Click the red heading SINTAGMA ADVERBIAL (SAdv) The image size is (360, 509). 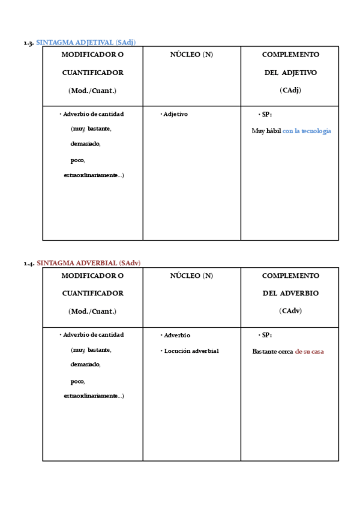[x=89, y=263]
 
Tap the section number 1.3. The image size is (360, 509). [x=28, y=43]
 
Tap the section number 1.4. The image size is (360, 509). [x=28, y=264]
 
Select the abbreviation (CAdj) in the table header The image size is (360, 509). [x=290, y=90]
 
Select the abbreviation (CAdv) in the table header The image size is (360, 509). [x=290, y=311]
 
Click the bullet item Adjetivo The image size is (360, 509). [x=175, y=114]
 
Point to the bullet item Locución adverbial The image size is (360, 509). [x=191, y=351]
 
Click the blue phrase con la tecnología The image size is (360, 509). [x=307, y=131]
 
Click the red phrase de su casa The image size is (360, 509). [x=309, y=352]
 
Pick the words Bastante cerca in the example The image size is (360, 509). [x=272, y=352]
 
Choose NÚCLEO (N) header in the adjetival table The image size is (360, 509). [x=191, y=55]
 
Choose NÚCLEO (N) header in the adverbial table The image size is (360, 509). [x=191, y=276]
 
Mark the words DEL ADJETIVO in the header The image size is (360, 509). [x=290, y=73]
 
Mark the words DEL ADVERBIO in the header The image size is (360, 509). [x=290, y=294]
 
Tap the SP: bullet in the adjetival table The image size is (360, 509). [x=266, y=114]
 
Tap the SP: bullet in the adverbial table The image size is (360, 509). [x=266, y=335]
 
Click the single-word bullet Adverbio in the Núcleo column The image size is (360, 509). [x=176, y=336]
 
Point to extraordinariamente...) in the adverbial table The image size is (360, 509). [x=94, y=396]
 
